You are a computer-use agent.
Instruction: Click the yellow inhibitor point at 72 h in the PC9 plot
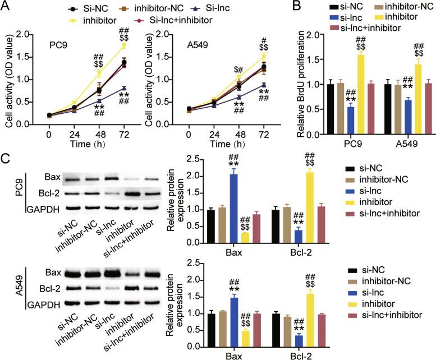point(123,45)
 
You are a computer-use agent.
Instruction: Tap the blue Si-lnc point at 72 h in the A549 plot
point(263,85)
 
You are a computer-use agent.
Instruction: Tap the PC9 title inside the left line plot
point(58,41)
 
